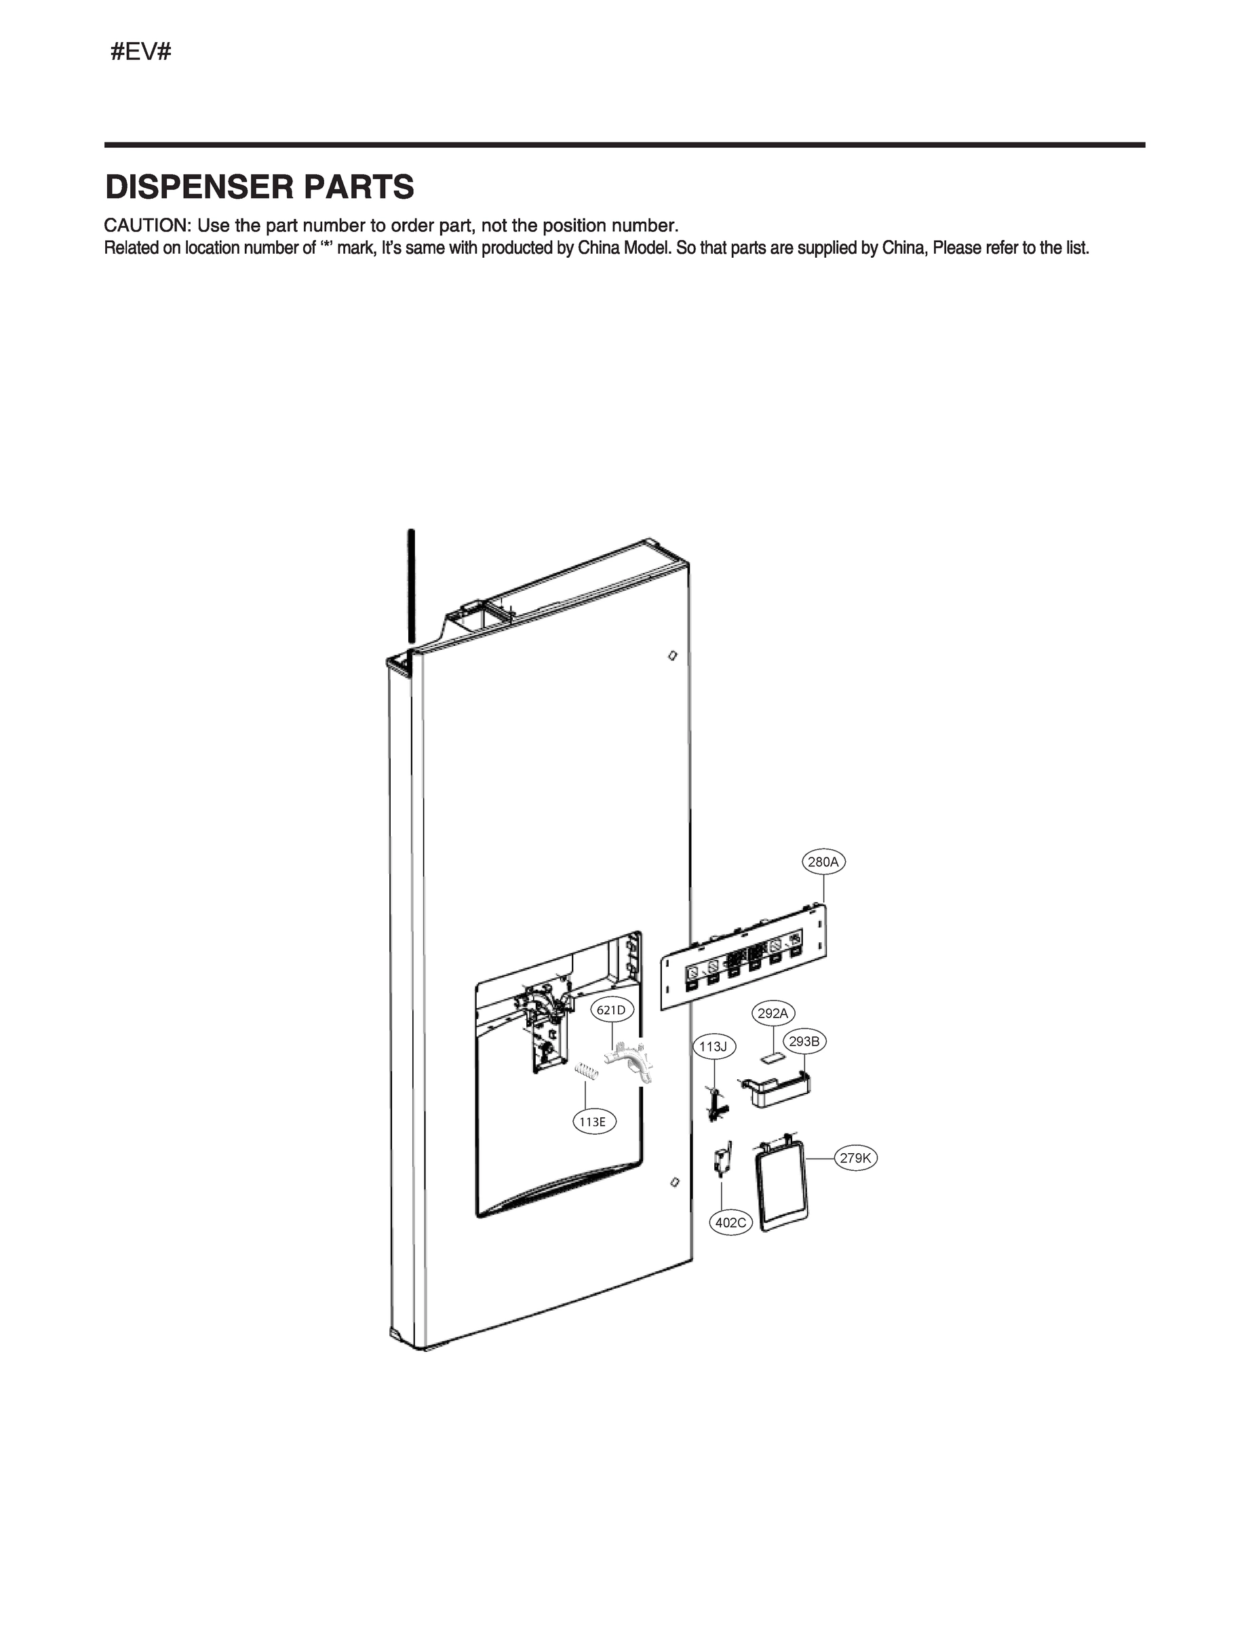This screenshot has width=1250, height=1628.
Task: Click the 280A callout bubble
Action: tap(823, 862)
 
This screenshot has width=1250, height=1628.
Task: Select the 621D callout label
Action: tap(611, 1009)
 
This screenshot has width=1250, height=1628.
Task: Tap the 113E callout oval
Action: tap(593, 1121)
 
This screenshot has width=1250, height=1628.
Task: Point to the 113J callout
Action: tap(713, 1047)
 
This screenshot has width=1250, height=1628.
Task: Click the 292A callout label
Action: tap(773, 1013)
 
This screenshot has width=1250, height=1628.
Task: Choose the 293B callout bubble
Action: tap(804, 1042)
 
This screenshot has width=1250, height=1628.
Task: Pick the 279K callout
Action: tap(856, 1159)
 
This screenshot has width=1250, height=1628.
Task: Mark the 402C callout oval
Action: tap(730, 1222)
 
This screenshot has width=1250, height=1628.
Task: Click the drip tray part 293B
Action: tap(777, 1091)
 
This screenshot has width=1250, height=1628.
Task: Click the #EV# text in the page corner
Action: tap(140, 52)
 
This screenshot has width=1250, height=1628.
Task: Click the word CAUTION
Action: tap(147, 225)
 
